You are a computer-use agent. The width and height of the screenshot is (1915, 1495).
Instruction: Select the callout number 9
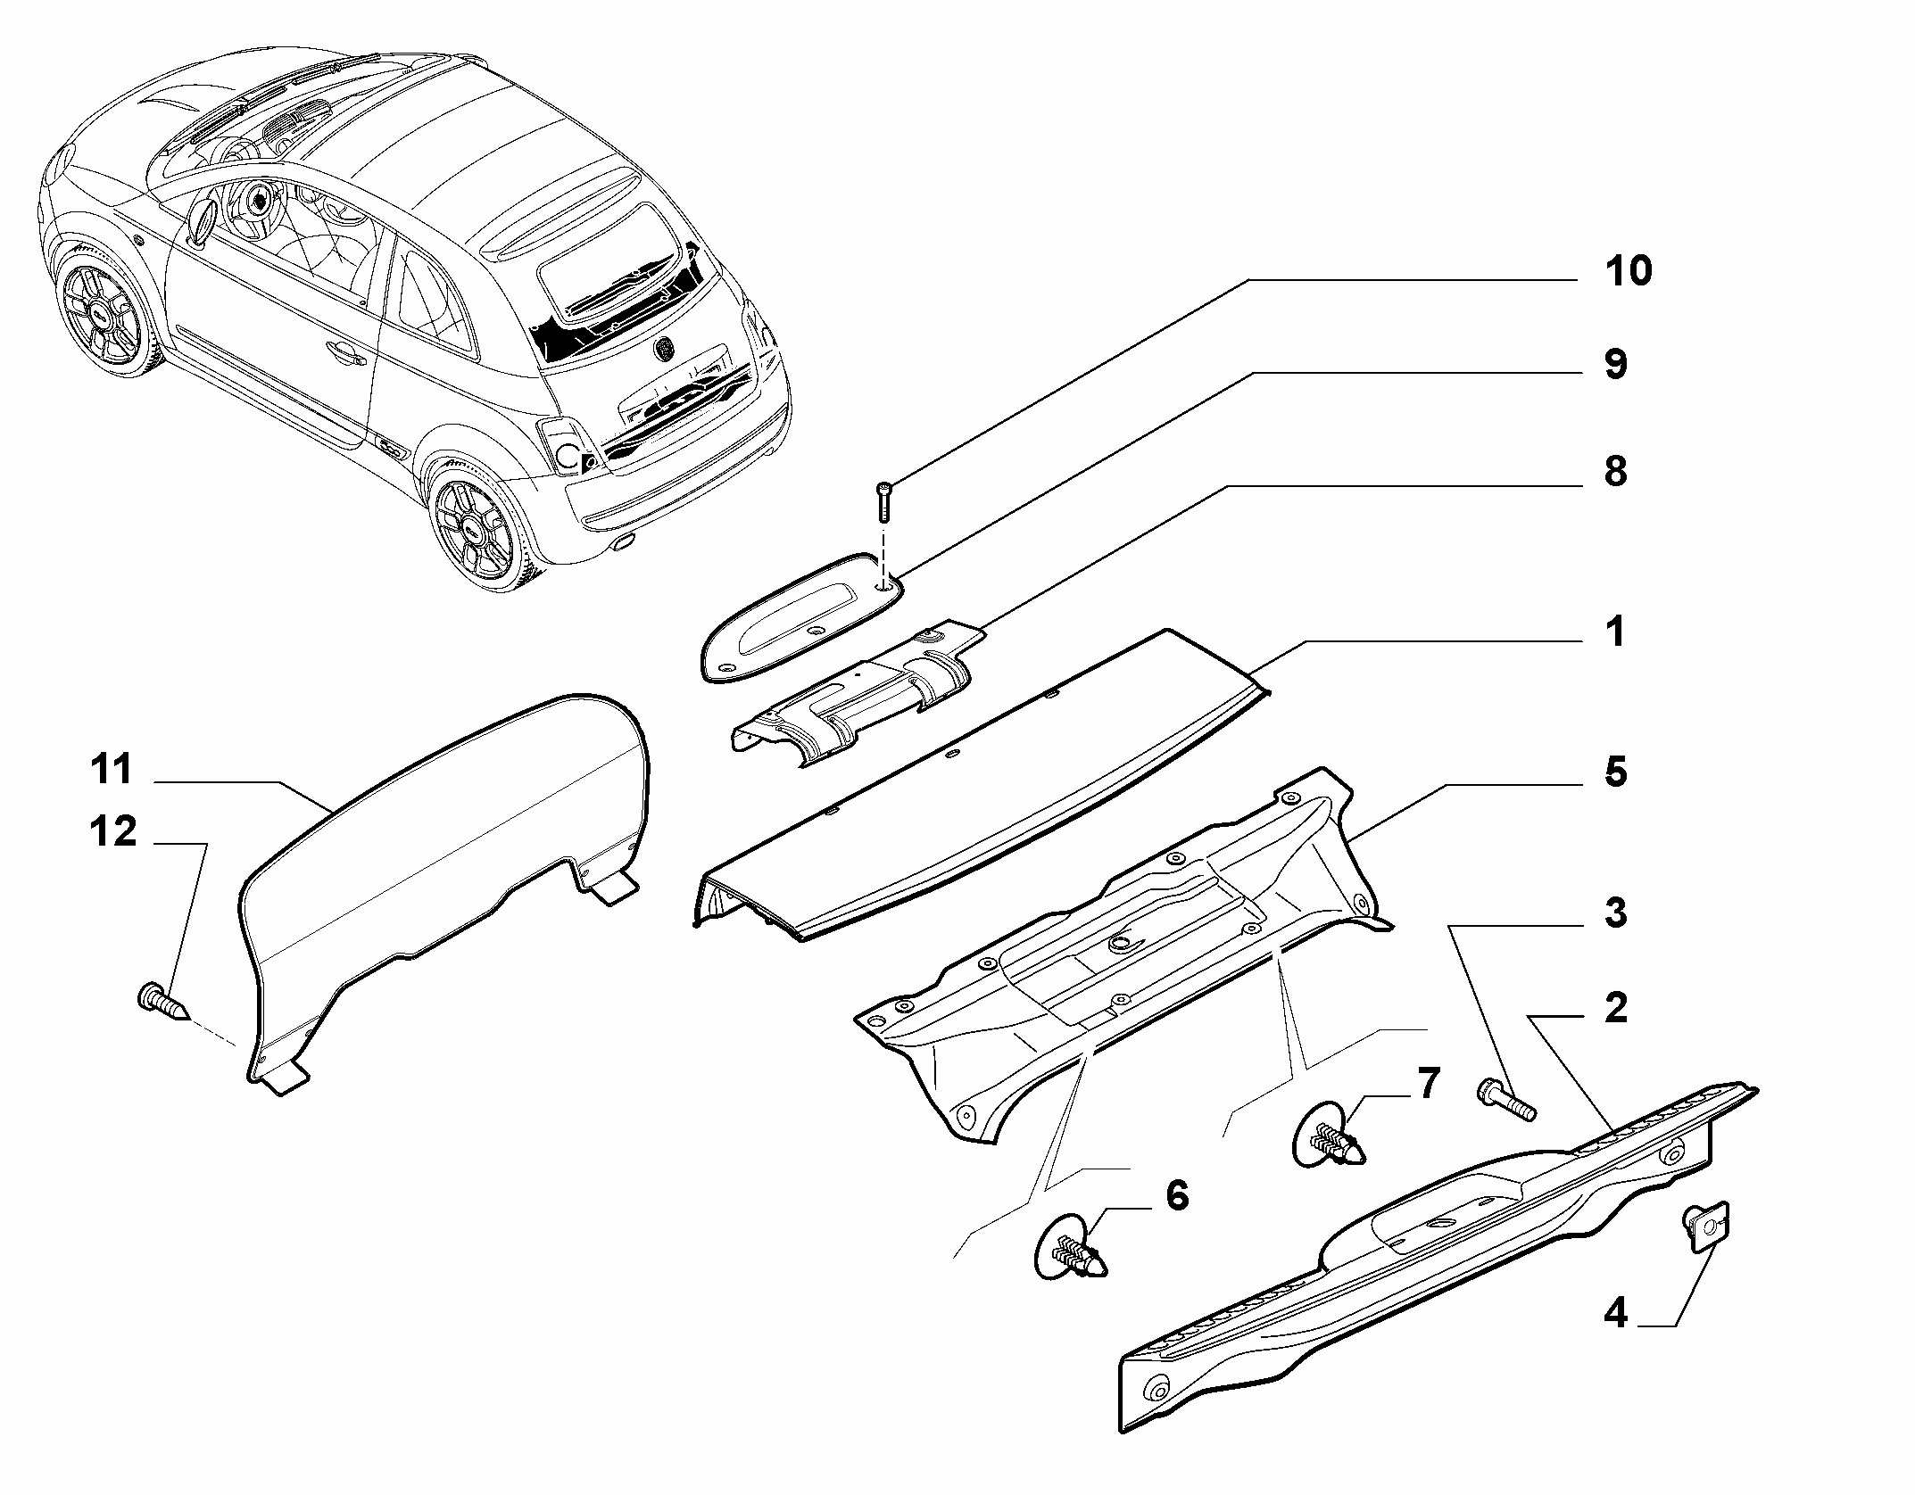coord(1616,365)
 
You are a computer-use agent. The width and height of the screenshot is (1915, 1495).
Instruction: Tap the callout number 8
coord(1615,472)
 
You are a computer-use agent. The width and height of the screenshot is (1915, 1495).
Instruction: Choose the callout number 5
coord(1616,772)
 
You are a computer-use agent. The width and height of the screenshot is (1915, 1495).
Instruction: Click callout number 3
coord(1615,913)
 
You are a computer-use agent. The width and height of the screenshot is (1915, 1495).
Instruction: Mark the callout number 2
coord(1615,1008)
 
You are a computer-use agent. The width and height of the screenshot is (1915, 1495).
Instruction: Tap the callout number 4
coord(1615,1338)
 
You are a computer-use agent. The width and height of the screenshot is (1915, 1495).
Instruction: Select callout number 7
coord(1429,1084)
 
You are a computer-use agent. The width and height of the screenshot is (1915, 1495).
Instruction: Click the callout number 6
coord(1178,1195)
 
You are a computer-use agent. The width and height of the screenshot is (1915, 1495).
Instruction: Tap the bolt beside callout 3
coord(1506,1099)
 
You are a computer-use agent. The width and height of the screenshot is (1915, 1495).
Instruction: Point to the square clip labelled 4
coord(1706,1225)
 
